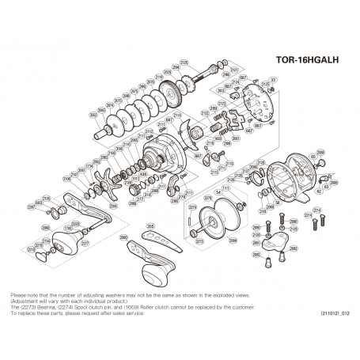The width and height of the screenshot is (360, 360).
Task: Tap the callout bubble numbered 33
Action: (x=273, y=80)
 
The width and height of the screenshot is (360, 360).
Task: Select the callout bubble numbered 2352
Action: (x=93, y=116)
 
